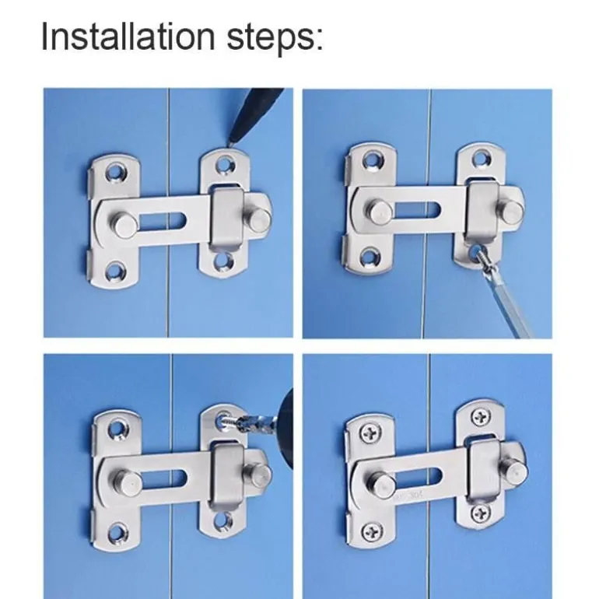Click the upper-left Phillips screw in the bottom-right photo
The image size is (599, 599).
(x=370, y=433)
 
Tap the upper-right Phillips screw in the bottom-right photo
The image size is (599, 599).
(x=481, y=417)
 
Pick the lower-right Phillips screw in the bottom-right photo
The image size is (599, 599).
(x=481, y=513)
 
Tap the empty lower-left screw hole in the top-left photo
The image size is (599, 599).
(x=116, y=271)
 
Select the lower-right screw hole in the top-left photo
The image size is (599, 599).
(x=223, y=261)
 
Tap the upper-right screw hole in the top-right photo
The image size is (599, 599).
(x=480, y=159)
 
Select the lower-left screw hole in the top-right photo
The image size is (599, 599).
(x=370, y=257)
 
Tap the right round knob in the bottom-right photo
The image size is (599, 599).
(x=515, y=471)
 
